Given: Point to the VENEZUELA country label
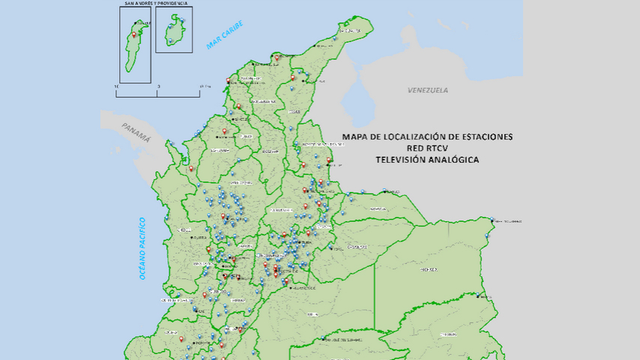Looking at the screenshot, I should click(x=428, y=90).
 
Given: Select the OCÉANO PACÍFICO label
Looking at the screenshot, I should click(x=142, y=248).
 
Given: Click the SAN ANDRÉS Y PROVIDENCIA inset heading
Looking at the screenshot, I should click(x=156, y=3).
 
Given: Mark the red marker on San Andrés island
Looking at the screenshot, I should click(x=135, y=34).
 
